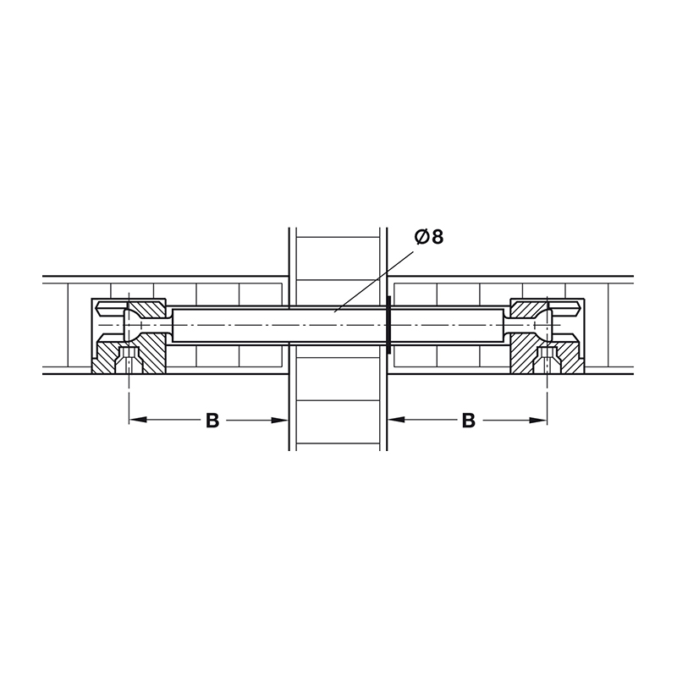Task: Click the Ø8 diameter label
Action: point(429,237)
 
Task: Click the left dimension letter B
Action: point(212,420)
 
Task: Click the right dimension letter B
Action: point(469,420)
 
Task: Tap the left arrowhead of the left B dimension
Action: point(138,420)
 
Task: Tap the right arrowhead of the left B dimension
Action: point(279,420)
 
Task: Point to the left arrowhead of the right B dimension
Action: point(396,419)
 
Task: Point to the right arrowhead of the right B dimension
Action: point(538,420)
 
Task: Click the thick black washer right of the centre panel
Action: point(389,325)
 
